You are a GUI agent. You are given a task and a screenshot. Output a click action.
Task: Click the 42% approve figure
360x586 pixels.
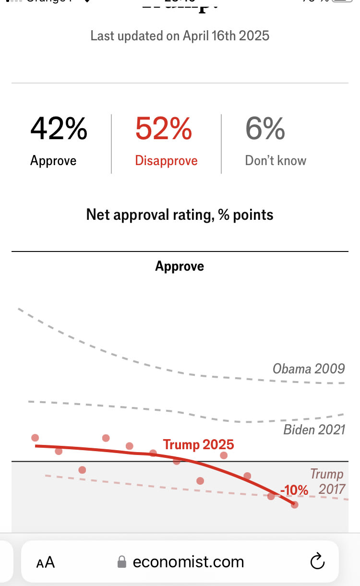click(59, 129)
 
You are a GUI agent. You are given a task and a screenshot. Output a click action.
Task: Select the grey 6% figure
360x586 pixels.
click(265, 129)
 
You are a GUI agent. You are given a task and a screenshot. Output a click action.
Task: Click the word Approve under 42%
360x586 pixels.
click(53, 160)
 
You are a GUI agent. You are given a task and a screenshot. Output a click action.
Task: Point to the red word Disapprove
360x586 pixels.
click(166, 160)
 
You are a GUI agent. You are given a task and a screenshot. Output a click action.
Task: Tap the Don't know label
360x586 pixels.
click(276, 160)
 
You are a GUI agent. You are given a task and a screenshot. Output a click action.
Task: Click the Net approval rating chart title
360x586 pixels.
click(180, 215)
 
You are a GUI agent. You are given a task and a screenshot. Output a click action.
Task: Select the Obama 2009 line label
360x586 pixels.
click(309, 369)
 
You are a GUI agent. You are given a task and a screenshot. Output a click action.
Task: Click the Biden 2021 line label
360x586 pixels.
click(314, 429)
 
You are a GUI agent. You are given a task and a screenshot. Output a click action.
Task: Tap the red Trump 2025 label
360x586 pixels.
click(198, 444)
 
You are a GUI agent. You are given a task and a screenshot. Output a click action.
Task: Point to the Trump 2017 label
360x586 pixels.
click(327, 482)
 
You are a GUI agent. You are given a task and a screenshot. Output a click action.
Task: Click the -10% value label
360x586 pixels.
click(294, 490)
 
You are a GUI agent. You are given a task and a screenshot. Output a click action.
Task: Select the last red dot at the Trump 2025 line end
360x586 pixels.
click(295, 504)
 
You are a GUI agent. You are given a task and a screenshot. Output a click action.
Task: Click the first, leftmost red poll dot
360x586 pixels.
click(35, 438)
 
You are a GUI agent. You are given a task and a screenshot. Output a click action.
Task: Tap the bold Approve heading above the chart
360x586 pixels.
click(180, 266)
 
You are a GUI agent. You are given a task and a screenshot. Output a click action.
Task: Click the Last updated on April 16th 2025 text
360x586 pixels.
click(180, 36)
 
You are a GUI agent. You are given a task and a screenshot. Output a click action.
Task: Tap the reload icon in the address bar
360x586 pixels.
click(318, 562)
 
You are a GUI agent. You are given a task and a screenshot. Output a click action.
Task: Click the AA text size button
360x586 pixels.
click(46, 562)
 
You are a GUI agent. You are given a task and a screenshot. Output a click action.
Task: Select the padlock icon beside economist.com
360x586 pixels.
click(122, 562)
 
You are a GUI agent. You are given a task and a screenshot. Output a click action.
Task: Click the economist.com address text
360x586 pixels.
click(188, 562)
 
